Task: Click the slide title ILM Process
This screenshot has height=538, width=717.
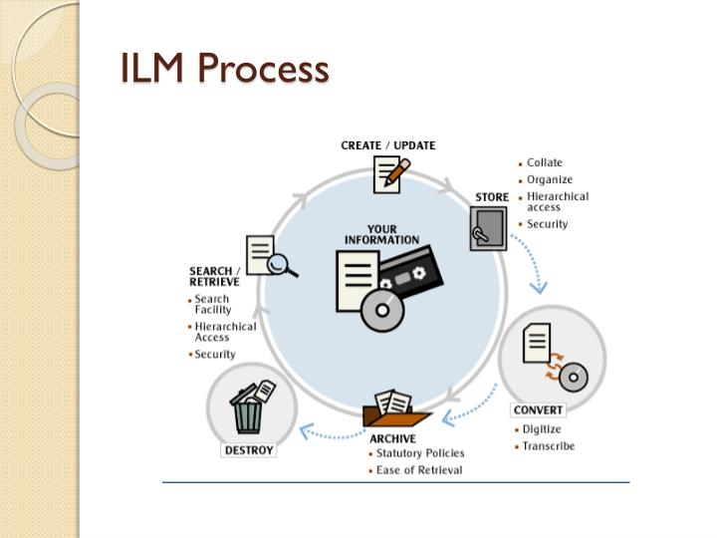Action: coord(224,69)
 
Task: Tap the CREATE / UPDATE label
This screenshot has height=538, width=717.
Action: coord(387,145)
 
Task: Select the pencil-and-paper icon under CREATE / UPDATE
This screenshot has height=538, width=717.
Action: coord(390,174)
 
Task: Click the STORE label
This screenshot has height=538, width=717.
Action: coord(492,197)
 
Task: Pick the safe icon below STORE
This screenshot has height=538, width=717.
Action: coord(488,229)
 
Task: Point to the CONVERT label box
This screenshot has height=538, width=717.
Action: coord(538,409)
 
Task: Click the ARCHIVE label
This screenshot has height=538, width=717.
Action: coord(392,438)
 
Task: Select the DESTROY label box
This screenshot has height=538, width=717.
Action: coord(248,449)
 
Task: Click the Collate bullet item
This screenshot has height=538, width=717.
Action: coord(544,162)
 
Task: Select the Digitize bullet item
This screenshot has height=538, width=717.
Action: coord(547,429)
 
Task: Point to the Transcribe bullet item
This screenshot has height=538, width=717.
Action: coord(551,445)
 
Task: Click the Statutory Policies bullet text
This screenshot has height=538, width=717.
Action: coord(419,453)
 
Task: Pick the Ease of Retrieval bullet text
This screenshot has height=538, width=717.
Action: coord(418,470)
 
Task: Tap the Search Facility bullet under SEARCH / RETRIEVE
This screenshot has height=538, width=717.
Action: coord(212,304)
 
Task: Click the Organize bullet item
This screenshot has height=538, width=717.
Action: coord(550,179)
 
